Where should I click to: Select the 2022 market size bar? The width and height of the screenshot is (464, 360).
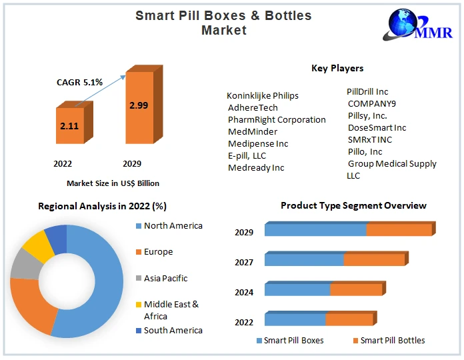[69, 125]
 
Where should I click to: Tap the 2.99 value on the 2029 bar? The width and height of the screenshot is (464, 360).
[139, 105]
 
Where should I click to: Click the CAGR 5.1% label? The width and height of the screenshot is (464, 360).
[79, 83]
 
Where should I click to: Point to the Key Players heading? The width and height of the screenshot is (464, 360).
[337, 68]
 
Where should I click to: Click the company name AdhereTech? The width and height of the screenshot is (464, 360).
[253, 107]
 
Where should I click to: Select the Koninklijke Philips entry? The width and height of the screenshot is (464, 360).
[263, 95]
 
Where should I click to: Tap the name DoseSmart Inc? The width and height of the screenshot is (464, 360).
[377, 127]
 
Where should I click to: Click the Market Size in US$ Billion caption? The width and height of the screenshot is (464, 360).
[113, 183]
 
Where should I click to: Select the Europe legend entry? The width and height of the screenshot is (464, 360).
[158, 252]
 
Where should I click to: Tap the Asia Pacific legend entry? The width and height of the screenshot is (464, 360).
[165, 278]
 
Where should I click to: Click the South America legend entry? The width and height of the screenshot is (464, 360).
[173, 330]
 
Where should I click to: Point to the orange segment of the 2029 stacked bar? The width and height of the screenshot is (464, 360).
[399, 230]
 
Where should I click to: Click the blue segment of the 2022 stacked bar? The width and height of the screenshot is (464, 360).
[295, 320]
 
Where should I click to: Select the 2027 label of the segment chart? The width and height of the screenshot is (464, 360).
[244, 262]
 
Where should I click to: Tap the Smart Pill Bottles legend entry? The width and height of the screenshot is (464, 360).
[392, 340]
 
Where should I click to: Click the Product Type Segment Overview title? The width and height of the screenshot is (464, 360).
[353, 205]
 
